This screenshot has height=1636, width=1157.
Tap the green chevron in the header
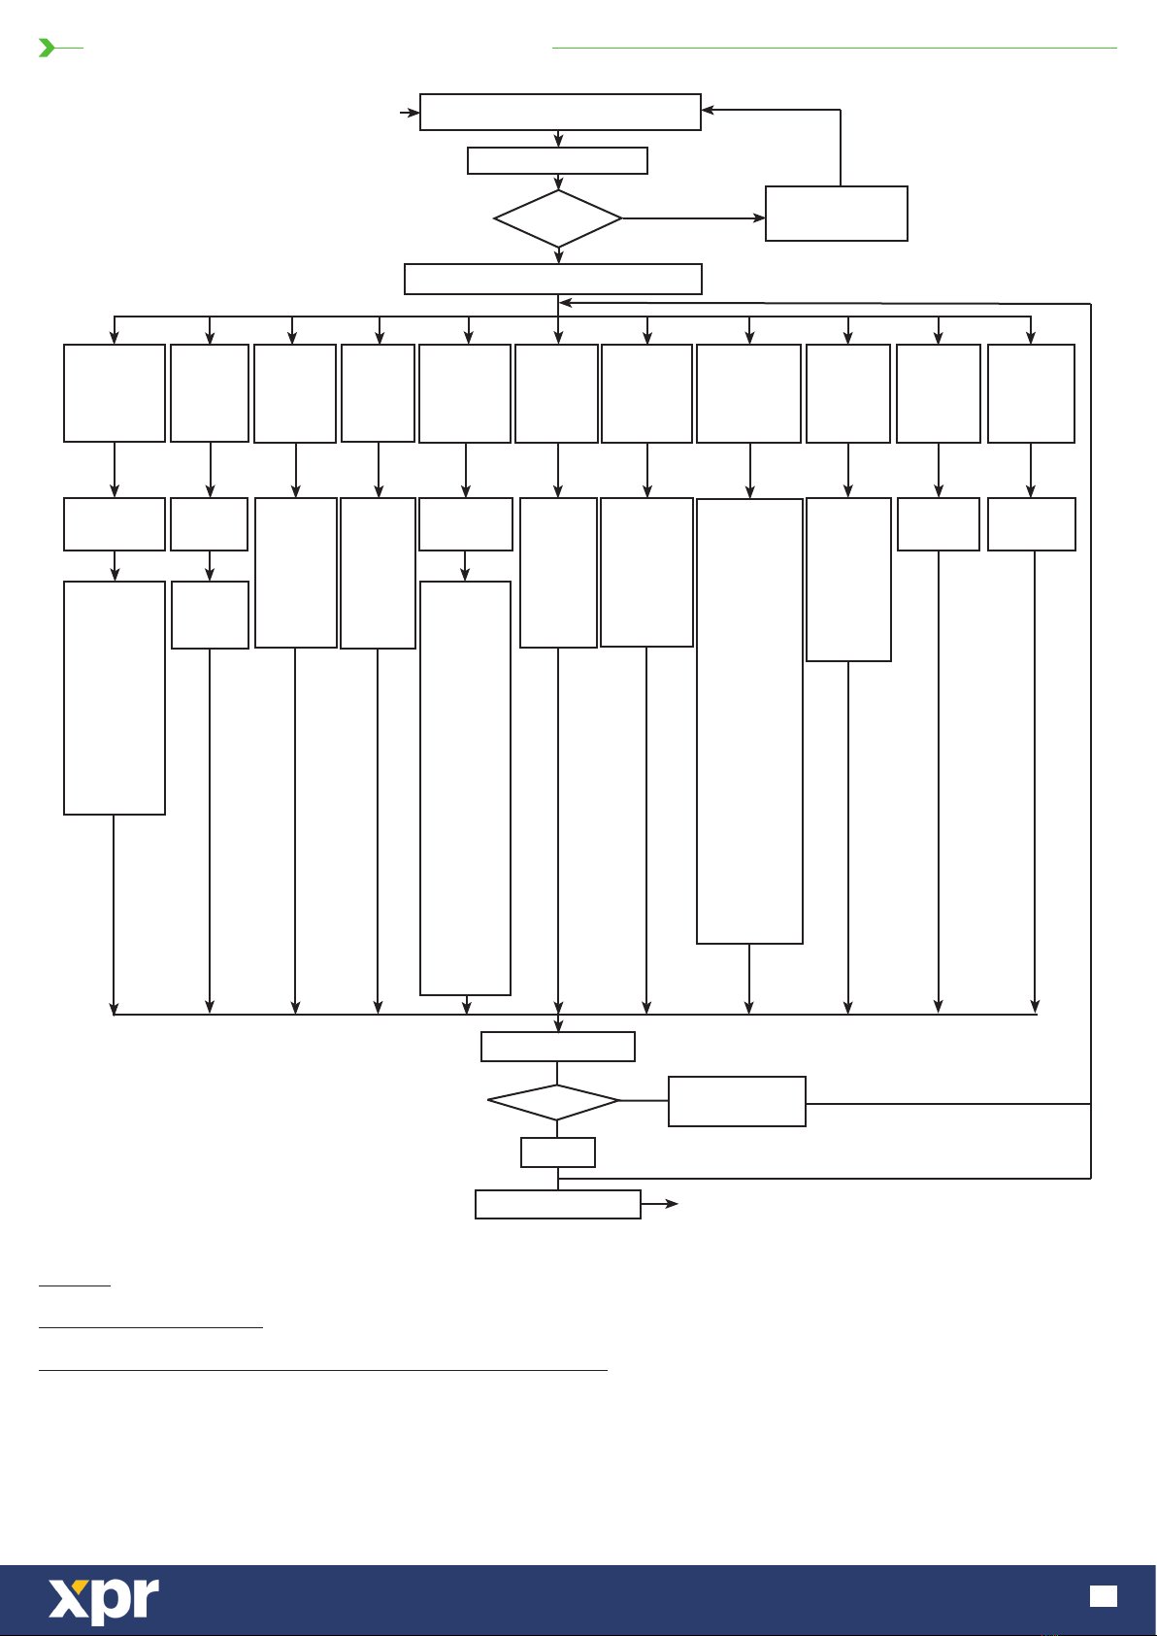(x=47, y=48)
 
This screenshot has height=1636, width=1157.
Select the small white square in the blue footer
(x=1104, y=1596)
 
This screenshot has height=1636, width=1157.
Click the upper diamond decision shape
(x=558, y=218)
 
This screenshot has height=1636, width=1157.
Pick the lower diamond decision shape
(x=553, y=1102)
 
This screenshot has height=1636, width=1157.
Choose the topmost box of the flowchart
(x=560, y=112)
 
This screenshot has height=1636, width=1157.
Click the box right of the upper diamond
(x=836, y=214)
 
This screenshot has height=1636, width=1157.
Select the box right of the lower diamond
(x=737, y=1101)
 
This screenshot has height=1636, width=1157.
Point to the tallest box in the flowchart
(x=749, y=720)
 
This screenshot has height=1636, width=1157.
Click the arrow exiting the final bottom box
(x=660, y=1204)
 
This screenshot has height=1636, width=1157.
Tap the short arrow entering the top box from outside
(x=410, y=113)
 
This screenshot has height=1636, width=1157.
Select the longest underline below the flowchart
(x=322, y=1370)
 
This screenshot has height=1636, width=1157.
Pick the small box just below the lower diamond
(x=558, y=1152)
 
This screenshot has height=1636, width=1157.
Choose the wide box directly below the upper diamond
(x=552, y=279)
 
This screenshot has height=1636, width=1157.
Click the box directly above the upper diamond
(x=557, y=160)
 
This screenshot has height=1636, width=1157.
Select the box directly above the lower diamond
(x=558, y=1047)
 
